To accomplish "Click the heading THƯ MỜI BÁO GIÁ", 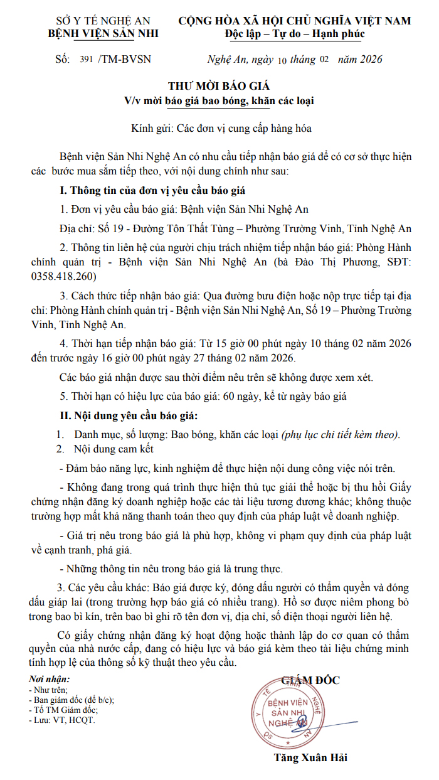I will pos(219,86).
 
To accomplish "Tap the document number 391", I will pos(87,60).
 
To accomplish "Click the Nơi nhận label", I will pos(50,680).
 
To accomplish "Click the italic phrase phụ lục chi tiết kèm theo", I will pos(340,434).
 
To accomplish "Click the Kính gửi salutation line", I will pos(221,128).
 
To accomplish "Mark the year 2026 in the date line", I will pos(368,60).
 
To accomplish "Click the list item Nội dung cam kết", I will pos(113,449).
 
